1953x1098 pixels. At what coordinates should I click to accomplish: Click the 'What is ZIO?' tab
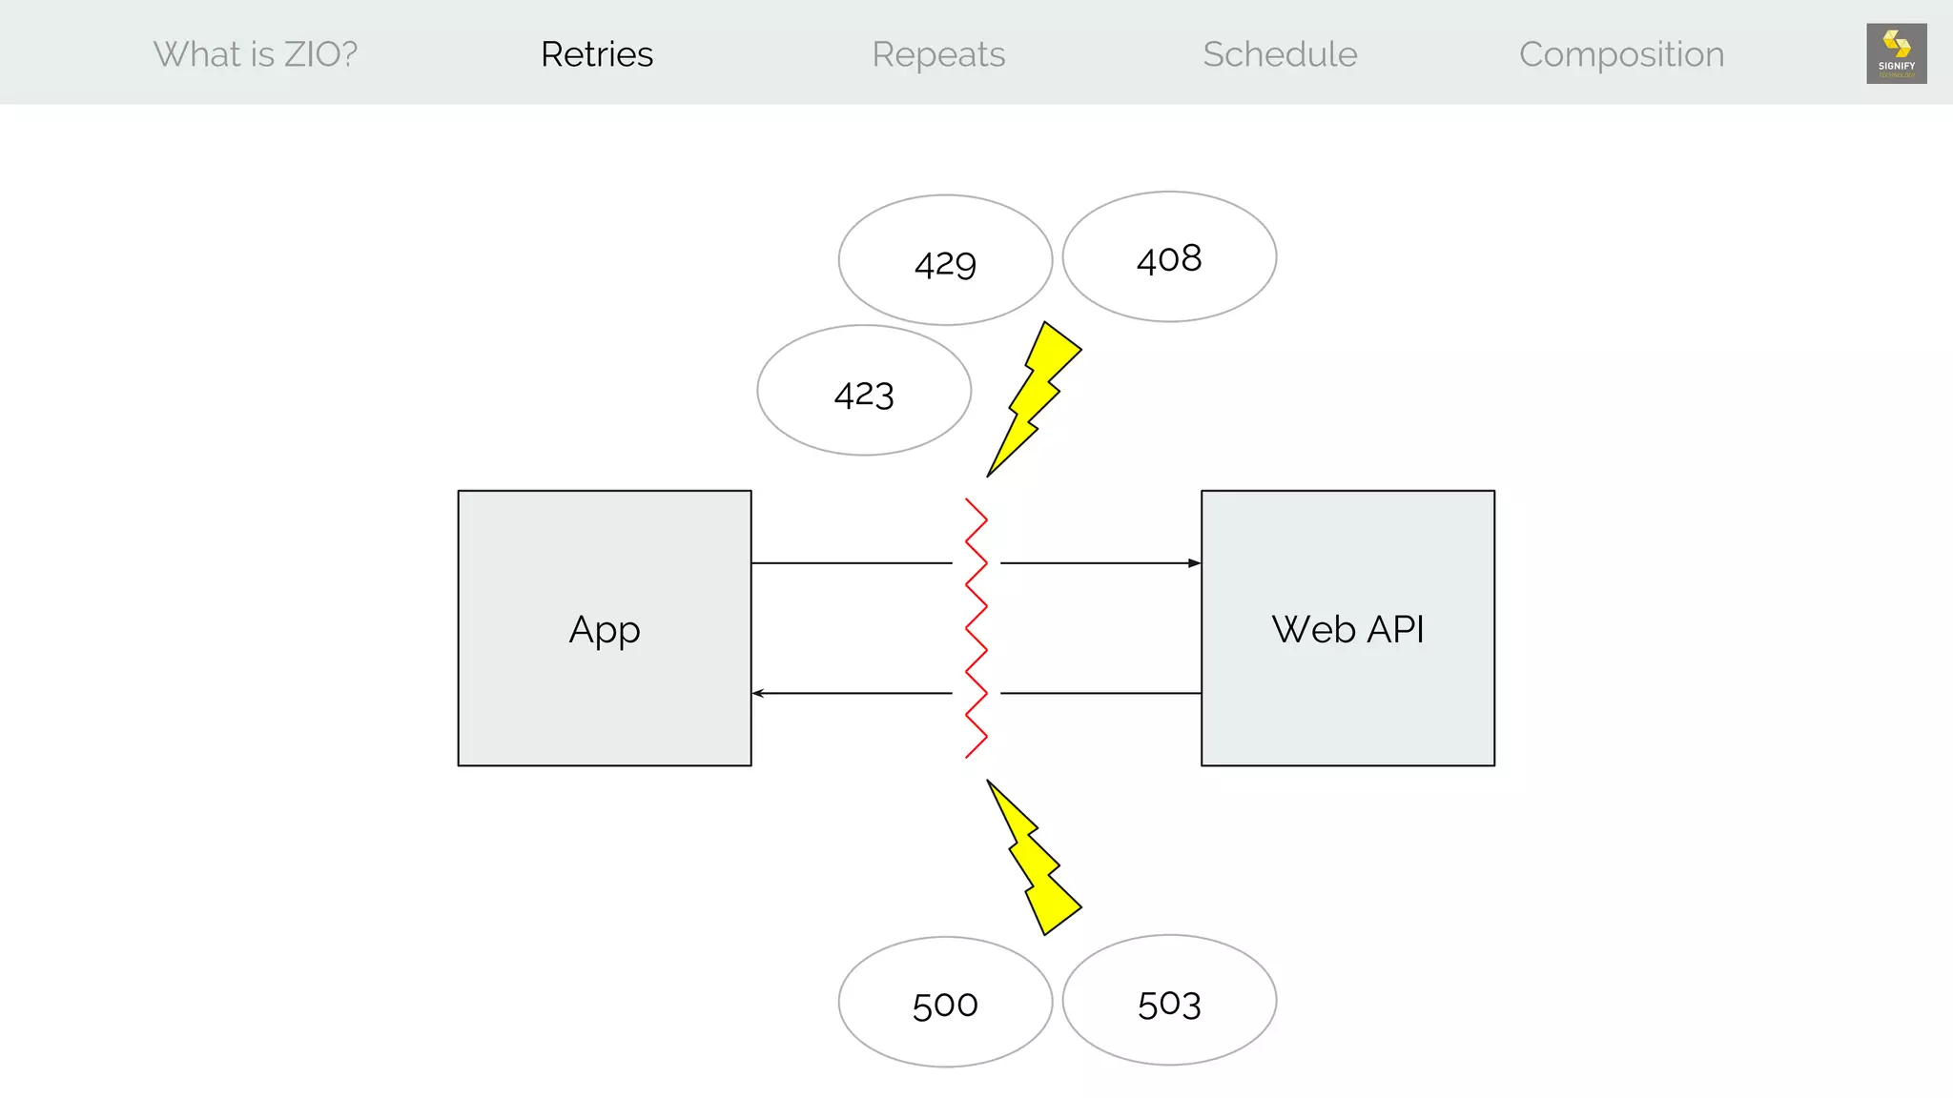(x=256, y=54)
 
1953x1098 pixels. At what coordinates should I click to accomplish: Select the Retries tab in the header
(x=597, y=54)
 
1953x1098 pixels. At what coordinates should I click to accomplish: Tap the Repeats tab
(x=938, y=54)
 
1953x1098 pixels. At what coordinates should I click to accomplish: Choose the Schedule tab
(x=1280, y=54)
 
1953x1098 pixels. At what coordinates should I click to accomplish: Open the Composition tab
(x=1621, y=54)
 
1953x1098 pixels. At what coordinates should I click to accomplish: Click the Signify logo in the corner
(x=1896, y=53)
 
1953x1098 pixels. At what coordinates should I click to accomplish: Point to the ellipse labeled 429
(x=945, y=260)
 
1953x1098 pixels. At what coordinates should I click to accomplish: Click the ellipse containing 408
(x=1169, y=256)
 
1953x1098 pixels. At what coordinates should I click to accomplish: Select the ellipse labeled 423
(x=864, y=391)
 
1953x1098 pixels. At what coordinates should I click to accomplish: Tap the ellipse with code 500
(x=945, y=1002)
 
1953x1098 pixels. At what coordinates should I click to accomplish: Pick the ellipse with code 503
(x=1169, y=1001)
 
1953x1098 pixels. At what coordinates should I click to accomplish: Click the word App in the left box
(x=605, y=630)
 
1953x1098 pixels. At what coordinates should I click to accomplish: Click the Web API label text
(x=1347, y=629)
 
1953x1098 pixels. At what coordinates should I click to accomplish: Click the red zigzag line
(x=976, y=628)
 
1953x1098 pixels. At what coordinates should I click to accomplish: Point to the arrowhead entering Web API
(x=1194, y=563)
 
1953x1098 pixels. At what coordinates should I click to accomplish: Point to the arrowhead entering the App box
(x=759, y=693)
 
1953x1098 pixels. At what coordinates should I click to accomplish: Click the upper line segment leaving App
(x=851, y=563)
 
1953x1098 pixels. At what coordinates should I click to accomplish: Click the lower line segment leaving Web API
(x=1100, y=693)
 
